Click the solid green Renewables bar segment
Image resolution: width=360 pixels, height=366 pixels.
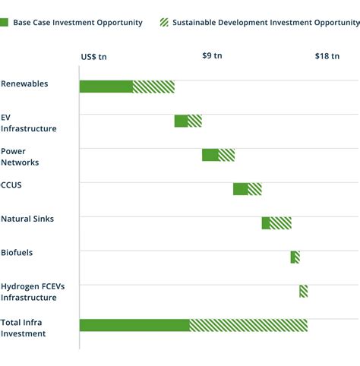click(106, 87)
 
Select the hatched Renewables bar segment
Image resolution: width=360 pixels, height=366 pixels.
click(153, 87)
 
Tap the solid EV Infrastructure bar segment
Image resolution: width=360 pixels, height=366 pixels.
click(181, 121)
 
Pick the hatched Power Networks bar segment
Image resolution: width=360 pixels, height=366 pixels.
click(226, 155)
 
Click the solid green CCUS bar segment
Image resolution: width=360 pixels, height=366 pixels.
click(240, 189)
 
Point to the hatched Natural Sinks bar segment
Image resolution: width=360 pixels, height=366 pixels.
click(280, 222)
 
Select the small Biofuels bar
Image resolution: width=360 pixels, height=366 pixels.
click(295, 257)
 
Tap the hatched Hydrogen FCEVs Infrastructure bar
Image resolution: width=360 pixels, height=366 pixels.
click(303, 291)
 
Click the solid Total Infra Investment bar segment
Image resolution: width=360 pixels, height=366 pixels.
click(134, 325)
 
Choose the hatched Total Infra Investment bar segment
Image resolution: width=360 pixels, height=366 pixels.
click(248, 325)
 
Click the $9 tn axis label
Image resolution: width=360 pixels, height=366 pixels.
click(213, 55)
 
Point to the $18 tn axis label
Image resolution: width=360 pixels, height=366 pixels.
click(327, 55)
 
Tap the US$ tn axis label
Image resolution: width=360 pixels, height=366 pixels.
click(94, 56)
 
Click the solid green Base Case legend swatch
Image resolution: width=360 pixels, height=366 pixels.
click(5, 23)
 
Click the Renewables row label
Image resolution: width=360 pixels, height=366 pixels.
click(24, 84)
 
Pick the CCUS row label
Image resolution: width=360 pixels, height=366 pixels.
click(13, 185)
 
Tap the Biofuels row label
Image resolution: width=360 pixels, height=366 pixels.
click(17, 252)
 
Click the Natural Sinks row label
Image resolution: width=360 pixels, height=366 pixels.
click(27, 219)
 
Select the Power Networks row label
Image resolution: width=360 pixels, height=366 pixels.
click(20, 156)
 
